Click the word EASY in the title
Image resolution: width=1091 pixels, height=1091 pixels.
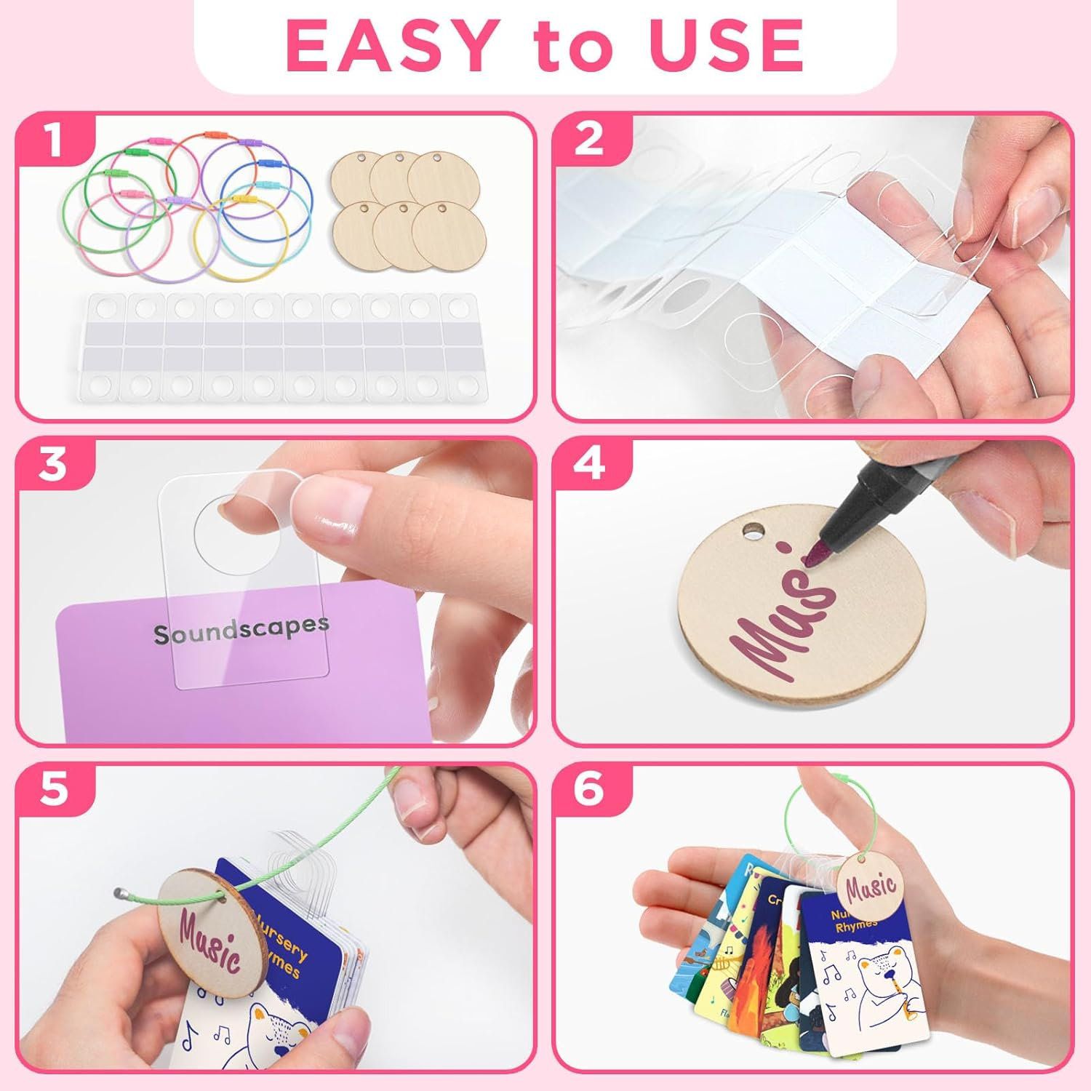(393, 45)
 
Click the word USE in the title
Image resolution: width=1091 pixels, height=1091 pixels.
(727, 45)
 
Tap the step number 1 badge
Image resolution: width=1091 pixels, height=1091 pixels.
(54, 140)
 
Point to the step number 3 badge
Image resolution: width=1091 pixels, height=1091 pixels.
(54, 464)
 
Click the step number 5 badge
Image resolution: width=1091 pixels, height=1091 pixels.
(54, 788)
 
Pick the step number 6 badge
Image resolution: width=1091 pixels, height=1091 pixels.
(589, 788)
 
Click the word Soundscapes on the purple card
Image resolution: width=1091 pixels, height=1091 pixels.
(241, 631)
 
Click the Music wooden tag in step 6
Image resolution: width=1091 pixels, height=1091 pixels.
(869, 887)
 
